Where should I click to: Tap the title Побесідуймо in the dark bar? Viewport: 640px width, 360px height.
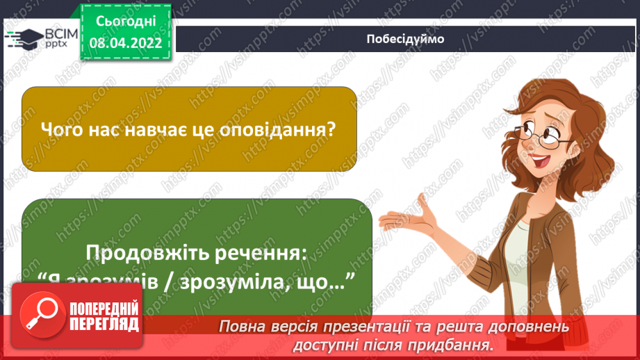(x=405, y=40)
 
